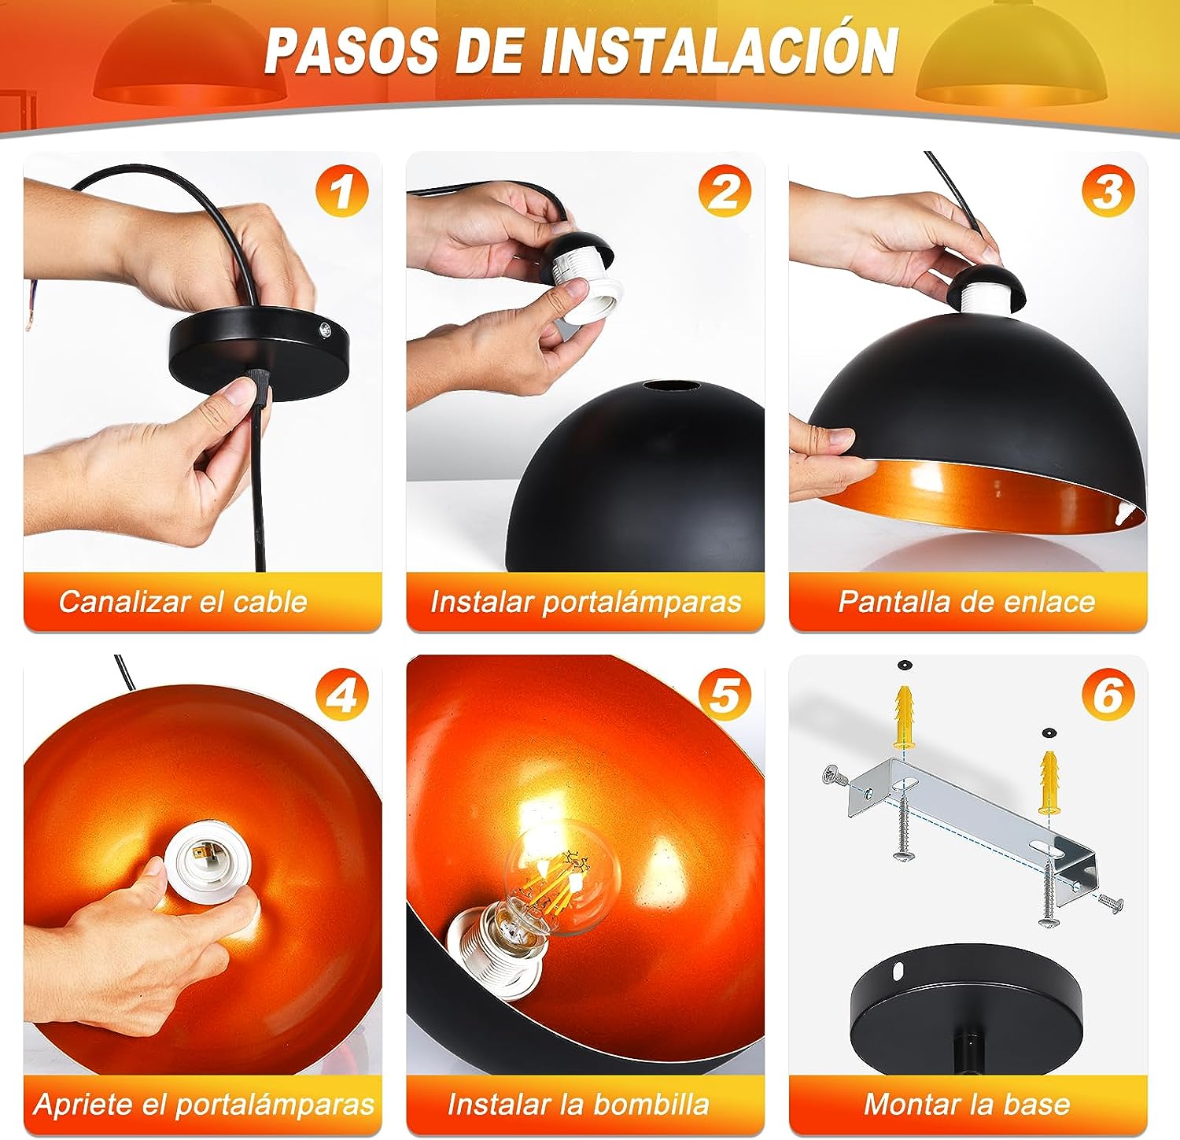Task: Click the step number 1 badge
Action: tap(342, 191)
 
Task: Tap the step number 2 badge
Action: tap(725, 191)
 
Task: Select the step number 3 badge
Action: tap(1108, 191)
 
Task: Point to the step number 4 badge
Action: tap(342, 695)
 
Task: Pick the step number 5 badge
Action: tap(725, 695)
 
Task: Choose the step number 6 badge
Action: tap(1108, 695)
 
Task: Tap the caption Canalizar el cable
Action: tap(183, 602)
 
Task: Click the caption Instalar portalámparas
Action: tap(586, 603)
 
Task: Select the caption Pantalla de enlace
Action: tap(967, 602)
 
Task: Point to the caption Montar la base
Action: tap(968, 1105)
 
